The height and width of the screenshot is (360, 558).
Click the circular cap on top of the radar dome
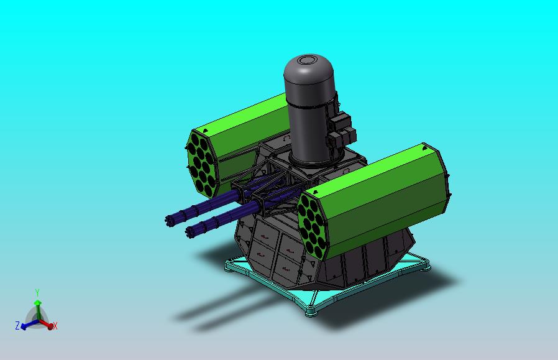pyautogui.click(x=307, y=60)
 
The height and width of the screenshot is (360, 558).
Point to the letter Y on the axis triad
pyautogui.click(x=37, y=292)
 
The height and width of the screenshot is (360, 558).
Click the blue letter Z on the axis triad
pyautogui.click(x=17, y=326)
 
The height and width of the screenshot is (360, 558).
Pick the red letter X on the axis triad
pyautogui.click(x=55, y=326)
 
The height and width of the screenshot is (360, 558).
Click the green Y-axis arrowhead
pyautogui.click(x=37, y=303)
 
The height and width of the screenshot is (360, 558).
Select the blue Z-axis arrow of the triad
pyautogui.click(x=25, y=324)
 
